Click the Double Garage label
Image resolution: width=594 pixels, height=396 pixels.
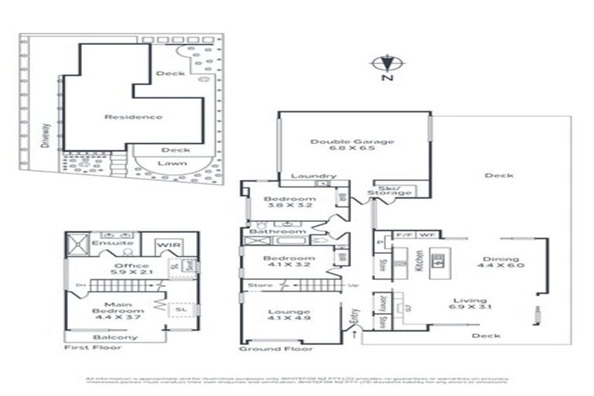(x=353, y=146)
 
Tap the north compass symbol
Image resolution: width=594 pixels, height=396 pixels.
(x=387, y=65)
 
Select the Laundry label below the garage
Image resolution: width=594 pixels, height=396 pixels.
(x=313, y=176)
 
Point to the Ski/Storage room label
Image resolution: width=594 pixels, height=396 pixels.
(x=384, y=189)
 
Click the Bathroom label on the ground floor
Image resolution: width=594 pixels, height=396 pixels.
(x=282, y=231)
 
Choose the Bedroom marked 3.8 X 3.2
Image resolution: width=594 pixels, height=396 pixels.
(x=289, y=203)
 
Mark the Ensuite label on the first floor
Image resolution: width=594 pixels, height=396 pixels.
(x=108, y=242)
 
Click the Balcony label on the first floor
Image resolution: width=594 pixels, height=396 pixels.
(x=115, y=337)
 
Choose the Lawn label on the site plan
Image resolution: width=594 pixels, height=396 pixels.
(x=172, y=164)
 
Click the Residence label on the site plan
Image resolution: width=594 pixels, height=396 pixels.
(x=134, y=117)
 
